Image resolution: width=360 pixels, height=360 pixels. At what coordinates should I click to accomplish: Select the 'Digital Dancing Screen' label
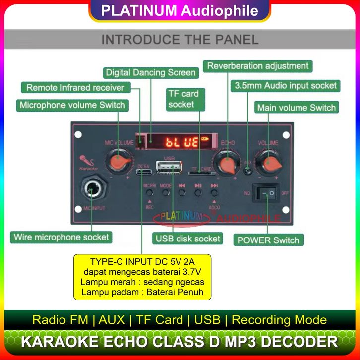click(150, 73)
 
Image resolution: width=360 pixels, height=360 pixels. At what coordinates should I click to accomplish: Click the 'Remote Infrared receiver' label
click(75, 88)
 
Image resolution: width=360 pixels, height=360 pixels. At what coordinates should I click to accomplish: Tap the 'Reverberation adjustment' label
click(257, 66)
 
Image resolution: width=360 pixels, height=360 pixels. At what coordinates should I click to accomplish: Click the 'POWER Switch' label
click(268, 240)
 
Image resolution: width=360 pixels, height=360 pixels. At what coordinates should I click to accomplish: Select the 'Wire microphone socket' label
click(61, 237)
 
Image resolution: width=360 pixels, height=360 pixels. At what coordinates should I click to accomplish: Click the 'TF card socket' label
click(183, 99)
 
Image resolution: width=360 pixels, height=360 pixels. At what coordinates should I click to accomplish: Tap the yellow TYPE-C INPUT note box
click(143, 277)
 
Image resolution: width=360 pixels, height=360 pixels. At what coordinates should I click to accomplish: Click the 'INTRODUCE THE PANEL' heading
click(180, 40)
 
